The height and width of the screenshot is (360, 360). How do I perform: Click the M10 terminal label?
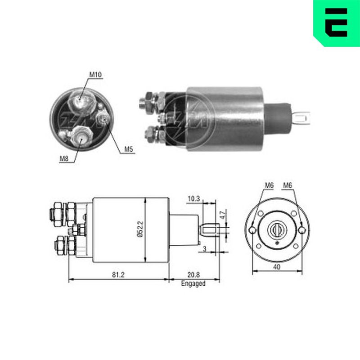95,75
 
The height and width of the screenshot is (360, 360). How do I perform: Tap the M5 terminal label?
129,149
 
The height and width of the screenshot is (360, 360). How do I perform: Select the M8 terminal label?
64,158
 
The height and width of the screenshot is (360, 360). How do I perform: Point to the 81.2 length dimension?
118,274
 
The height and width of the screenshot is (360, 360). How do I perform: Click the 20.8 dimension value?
193,274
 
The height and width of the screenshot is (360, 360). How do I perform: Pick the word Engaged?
193,283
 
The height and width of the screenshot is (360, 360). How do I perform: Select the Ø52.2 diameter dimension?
140,229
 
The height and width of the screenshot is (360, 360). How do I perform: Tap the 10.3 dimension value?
194,199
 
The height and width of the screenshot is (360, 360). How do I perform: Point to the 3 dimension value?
205,249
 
